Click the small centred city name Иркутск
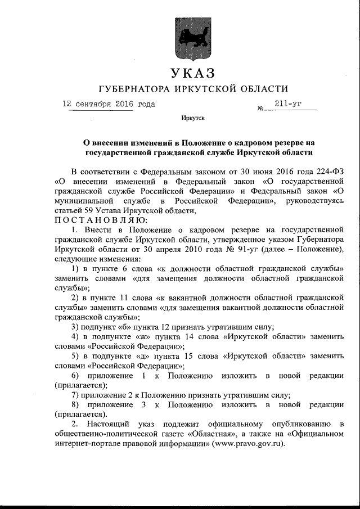tap(193, 119)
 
